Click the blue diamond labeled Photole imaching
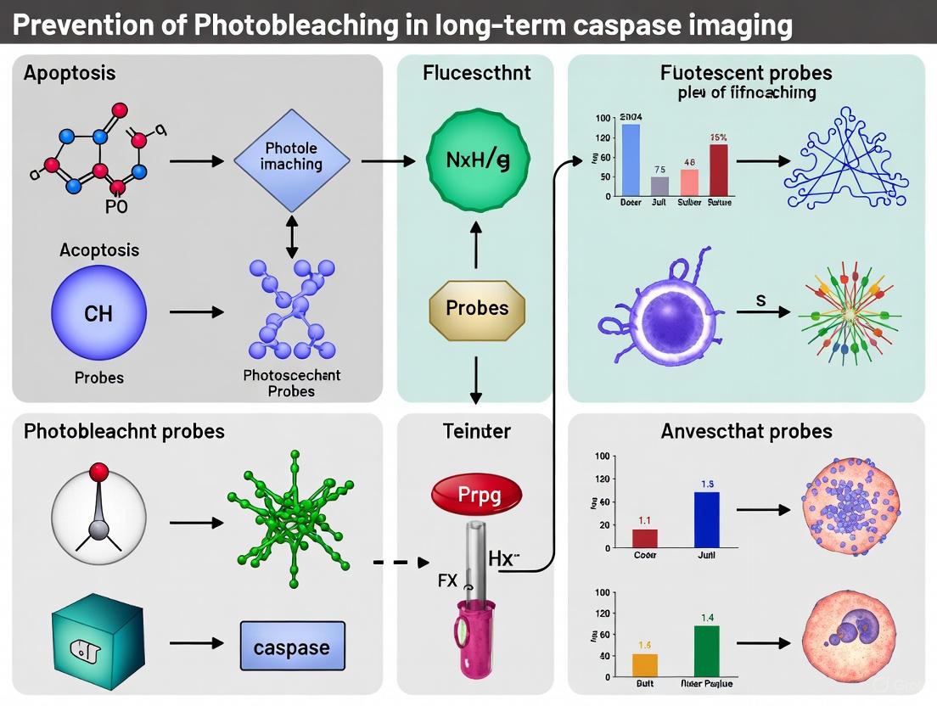pyautogui.click(x=291, y=160)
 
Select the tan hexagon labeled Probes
pyautogui.click(x=476, y=308)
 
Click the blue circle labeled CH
pyautogui.click(x=98, y=313)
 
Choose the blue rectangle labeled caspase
pyautogui.click(x=292, y=648)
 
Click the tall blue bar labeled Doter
pyautogui.click(x=630, y=160)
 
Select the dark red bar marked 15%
pyautogui.click(x=718, y=170)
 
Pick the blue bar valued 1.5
pyautogui.click(x=706, y=519)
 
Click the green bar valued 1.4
pyautogui.click(x=706, y=650)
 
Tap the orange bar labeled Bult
pyautogui.click(x=645, y=664)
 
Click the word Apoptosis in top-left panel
pyautogui.click(x=70, y=73)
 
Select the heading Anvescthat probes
pyautogui.click(x=746, y=432)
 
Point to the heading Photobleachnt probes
pyautogui.click(x=124, y=431)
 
